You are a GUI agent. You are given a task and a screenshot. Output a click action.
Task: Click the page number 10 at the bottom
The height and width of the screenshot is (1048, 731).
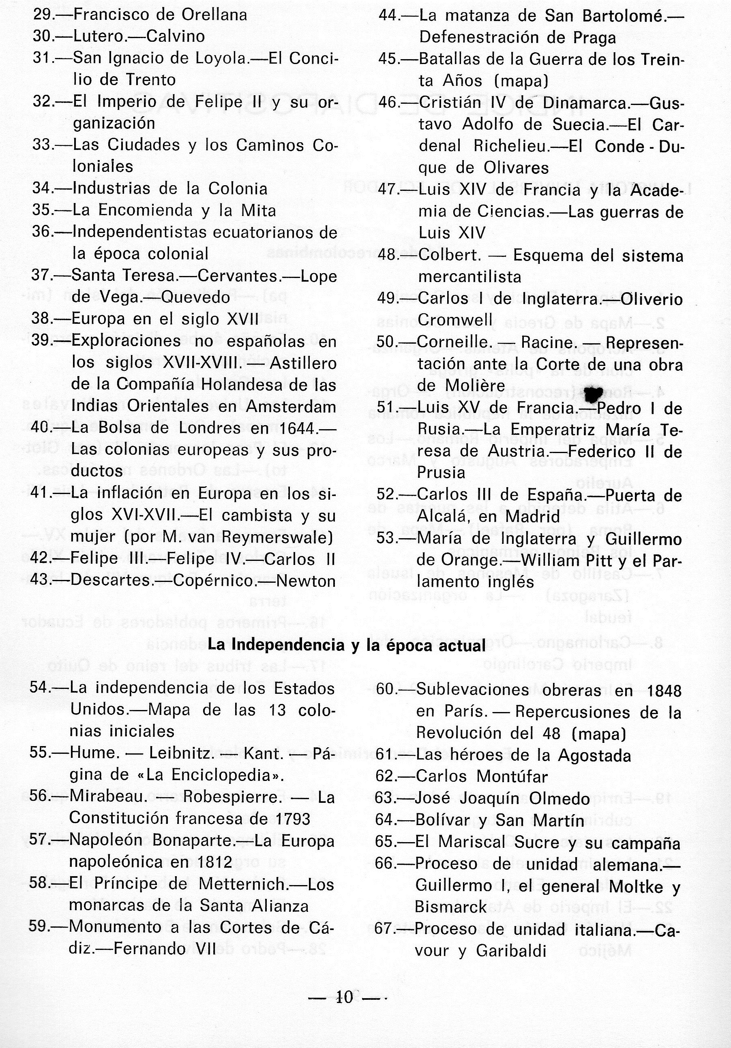[345, 997]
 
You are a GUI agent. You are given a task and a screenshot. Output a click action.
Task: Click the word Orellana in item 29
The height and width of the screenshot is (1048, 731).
[214, 15]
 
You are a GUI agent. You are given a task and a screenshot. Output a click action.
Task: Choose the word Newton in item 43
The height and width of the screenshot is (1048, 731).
[306, 581]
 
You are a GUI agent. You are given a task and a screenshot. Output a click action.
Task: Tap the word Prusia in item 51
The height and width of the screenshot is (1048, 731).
[441, 473]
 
